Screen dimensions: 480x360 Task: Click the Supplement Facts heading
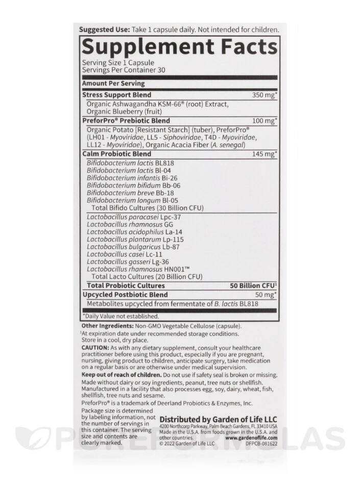[179, 47]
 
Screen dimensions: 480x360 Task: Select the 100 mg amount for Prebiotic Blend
[265, 121]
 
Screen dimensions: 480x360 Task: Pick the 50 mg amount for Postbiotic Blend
[266, 295]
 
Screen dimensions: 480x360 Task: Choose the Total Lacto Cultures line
[147, 276]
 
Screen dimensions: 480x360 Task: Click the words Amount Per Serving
[113, 83]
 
